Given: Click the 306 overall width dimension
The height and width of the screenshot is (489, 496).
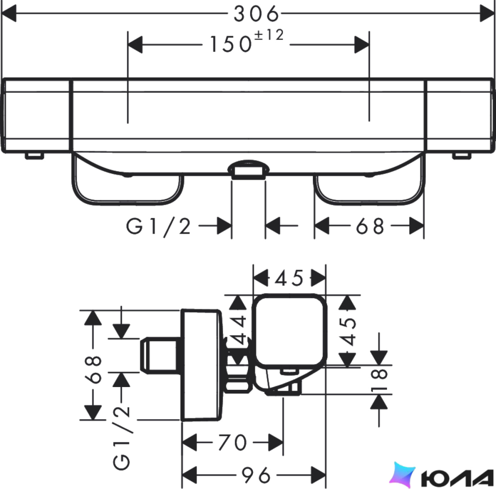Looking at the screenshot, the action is [x=256, y=14].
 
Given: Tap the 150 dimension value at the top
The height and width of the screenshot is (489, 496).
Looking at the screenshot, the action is [x=230, y=44].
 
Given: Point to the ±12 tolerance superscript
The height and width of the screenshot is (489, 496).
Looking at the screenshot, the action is [x=269, y=35].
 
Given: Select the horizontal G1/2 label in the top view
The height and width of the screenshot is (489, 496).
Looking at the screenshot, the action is [x=158, y=226].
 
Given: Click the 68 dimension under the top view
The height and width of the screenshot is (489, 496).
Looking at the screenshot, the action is [x=370, y=226].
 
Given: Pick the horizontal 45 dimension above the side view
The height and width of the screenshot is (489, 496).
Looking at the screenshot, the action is [x=289, y=278].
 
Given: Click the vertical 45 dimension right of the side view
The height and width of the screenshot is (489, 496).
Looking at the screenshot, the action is [x=349, y=331].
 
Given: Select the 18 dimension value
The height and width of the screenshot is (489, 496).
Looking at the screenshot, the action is [x=380, y=380].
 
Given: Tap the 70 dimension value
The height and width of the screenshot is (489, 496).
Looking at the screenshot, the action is [x=232, y=443].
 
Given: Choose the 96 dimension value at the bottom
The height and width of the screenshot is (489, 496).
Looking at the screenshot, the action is [x=256, y=475].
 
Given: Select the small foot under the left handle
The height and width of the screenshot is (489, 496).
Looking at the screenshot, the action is [x=34, y=155].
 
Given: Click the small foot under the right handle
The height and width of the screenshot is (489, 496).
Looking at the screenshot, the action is [x=462, y=155].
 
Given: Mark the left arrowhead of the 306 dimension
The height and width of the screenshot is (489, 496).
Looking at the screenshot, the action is [x=9, y=14].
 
